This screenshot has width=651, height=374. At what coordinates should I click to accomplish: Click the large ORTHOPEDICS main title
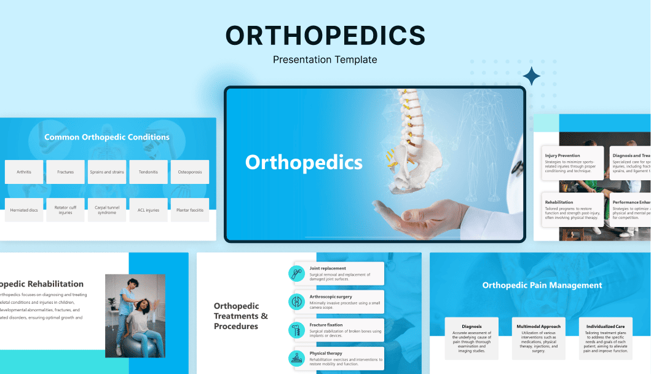click(x=325, y=36)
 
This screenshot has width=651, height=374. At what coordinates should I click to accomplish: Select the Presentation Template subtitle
click(x=325, y=60)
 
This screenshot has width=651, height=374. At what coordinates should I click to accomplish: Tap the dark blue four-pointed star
click(x=532, y=77)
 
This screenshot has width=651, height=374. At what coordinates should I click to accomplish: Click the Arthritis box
click(x=24, y=172)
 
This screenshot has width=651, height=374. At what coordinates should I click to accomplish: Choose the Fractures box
click(x=65, y=172)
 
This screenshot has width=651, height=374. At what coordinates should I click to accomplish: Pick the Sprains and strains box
click(x=107, y=172)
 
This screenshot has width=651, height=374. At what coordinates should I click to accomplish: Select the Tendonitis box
click(x=148, y=172)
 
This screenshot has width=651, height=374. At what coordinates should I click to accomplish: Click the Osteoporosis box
click(x=190, y=172)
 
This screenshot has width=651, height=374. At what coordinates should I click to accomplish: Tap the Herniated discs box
click(x=24, y=210)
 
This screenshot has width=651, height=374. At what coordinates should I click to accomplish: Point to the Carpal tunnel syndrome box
click(x=107, y=210)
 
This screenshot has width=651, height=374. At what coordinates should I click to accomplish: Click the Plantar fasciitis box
click(x=190, y=210)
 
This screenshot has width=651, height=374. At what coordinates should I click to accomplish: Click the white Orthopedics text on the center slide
click(x=304, y=162)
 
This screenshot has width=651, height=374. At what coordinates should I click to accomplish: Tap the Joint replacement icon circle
click(x=296, y=273)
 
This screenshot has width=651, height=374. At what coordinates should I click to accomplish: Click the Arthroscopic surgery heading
click(x=331, y=296)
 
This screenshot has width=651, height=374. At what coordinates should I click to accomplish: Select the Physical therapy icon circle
click(x=296, y=358)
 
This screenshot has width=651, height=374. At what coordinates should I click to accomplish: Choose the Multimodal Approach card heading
click(x=539, y=327)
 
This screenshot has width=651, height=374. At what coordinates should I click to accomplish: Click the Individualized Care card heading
click(x=606, y=327)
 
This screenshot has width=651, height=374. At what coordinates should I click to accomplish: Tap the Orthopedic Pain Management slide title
click(x=542, y=285)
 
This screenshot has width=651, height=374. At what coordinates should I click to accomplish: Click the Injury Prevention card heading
click(x=562, y=156)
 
